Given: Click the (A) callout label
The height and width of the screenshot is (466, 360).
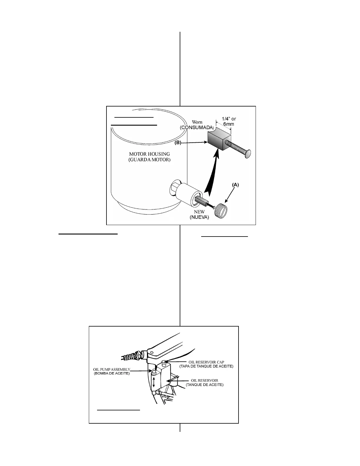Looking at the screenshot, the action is [235, 185].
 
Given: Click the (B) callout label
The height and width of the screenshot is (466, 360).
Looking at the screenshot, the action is [178, 142].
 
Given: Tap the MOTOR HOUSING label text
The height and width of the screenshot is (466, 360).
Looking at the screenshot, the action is [149, 154].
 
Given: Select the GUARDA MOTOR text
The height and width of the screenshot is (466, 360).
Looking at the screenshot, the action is [149, 160].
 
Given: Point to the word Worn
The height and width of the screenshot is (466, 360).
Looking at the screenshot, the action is [197, 122].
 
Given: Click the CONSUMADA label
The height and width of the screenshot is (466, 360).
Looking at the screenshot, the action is [196, 127].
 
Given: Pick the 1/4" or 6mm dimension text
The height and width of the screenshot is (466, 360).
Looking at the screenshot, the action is [229, 121].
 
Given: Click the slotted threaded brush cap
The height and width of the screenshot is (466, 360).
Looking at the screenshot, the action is [222, 210].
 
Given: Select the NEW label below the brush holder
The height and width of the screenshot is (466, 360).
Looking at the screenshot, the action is [199, 212].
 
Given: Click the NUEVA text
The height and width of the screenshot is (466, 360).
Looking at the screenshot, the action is [199, 217].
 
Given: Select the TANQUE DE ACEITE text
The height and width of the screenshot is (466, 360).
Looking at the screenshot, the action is [205, 385].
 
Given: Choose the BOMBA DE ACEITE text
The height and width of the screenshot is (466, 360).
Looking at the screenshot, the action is [111, 374].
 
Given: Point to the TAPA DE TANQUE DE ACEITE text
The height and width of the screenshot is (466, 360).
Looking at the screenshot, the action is [206, 366].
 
